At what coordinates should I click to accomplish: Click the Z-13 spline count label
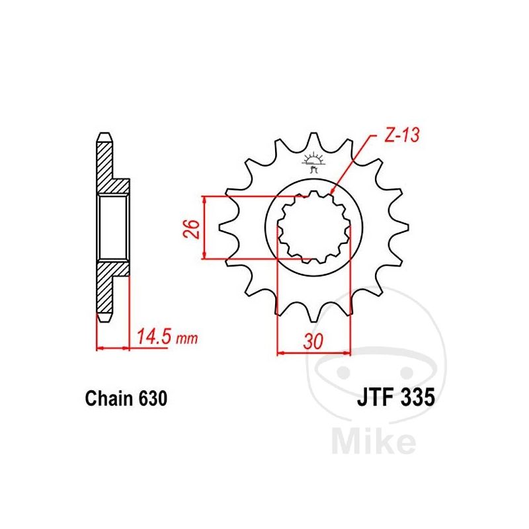click(402, 135)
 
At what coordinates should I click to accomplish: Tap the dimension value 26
click(192, 229)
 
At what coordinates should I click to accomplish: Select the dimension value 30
click(313, 341)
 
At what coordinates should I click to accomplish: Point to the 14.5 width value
click(154, 337)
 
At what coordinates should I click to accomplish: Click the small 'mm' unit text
click(186, 339)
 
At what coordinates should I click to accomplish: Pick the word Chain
click(109, 399)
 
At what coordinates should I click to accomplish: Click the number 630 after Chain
click(153, 399)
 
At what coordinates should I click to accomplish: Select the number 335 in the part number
click(417, 397)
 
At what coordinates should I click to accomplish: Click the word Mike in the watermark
click(374, 440)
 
